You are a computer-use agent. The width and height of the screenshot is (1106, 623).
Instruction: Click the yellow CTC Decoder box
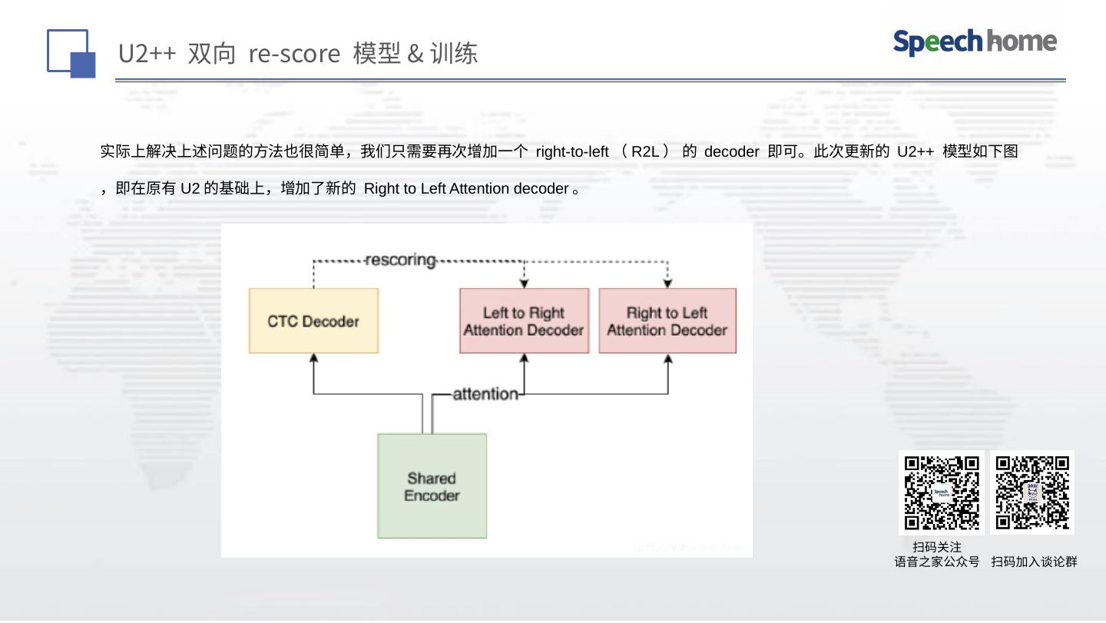[313, 321]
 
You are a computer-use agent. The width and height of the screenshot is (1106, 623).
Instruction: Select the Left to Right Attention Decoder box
[524, 321]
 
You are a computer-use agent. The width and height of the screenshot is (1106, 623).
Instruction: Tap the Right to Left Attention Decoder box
[667, 321]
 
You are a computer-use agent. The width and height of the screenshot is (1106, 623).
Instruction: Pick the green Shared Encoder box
[432, 486]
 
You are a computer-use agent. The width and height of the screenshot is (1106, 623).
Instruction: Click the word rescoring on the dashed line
[400, 260]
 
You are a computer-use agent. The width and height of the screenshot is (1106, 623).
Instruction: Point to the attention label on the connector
[485, 394]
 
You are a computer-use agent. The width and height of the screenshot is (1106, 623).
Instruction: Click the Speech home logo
[975, 41]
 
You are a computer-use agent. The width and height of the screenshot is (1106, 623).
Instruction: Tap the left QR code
[941, 492]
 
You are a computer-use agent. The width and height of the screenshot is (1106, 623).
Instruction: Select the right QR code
[1032, 492]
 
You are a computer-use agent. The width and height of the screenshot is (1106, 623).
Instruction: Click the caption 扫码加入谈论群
[1034, 562]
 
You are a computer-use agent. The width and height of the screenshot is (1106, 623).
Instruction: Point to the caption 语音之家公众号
[937, 562]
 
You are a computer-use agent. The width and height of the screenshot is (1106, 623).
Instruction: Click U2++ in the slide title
[147, 54]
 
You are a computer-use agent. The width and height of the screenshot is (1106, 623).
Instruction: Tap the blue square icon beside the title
[71, 54]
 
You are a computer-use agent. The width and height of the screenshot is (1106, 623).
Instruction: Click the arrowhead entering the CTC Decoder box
[313, 358]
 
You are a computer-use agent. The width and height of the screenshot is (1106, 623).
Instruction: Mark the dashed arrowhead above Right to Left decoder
[667, 283]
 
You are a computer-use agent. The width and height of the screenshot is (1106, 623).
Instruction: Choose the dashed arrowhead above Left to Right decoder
[524, 283]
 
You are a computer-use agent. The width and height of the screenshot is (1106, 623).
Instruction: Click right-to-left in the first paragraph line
[572, 151]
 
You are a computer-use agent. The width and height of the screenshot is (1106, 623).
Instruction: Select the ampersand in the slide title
[416, 54]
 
